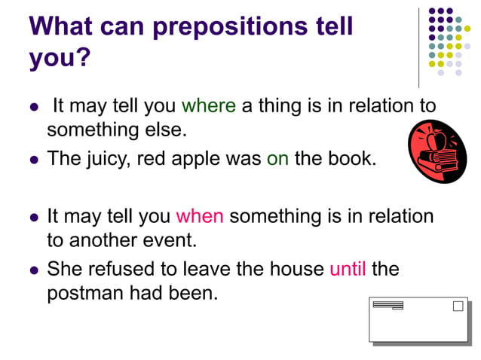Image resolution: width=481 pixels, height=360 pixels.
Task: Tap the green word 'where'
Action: click(209, 106)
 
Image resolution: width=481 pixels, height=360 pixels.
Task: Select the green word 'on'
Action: click(277, 160)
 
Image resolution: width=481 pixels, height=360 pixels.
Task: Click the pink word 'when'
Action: click(200, 217)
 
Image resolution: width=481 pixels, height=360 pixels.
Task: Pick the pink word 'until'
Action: click(348, 269)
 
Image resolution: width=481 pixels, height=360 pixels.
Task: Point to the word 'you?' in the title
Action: click(59, 58)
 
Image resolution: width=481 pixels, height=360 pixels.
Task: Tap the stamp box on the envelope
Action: click(458, 307)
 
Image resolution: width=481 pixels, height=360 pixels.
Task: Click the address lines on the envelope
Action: click(388, 305)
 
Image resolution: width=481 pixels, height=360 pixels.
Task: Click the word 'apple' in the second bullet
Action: click(206, 160)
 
